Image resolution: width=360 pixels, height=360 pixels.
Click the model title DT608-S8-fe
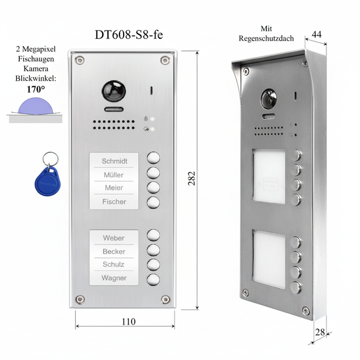click(x=129, y=35)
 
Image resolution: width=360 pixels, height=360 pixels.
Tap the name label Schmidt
click(x=115, y=161)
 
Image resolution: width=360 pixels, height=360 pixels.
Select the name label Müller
click(x=113, y=175)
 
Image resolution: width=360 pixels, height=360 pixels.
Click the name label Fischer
click(x=114, y=202)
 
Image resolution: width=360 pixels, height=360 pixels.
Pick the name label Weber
click(x=113, y=238)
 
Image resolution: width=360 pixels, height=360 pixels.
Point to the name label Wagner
click(x=114, y=278)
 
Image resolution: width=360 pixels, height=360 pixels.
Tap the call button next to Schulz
click(x=154, y=265)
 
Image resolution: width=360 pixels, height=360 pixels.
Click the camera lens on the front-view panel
click(x=114, y=91)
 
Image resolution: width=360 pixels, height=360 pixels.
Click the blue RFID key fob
click(x=48, y=181)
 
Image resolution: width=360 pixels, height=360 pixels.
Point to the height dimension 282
click(x=191, y=178)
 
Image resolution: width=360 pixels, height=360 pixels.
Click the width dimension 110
click(x=128, y=321)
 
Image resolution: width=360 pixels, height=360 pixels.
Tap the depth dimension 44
click(x=317, y=34)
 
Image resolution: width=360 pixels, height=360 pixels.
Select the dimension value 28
click(x=320, y=332)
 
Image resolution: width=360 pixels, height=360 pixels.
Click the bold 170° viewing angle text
click(x=36, y=89)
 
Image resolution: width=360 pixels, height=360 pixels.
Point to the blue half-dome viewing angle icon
click(x=36, y=106)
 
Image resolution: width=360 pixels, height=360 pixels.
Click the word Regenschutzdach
click(x=266, y=38)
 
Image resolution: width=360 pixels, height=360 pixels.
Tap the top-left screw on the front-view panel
click(x=80, y=60)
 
